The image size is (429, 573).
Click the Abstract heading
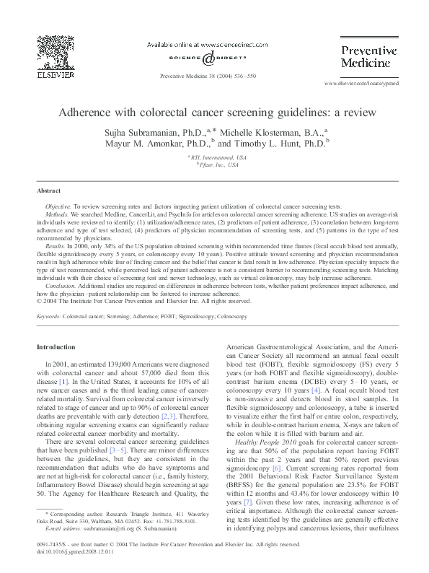50,191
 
